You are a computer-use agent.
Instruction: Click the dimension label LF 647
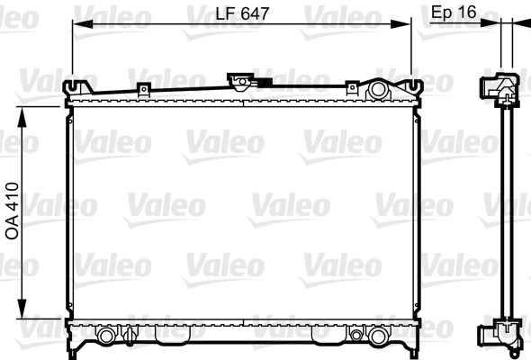pos(242,13)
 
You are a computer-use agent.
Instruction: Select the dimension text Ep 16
pos(454,13)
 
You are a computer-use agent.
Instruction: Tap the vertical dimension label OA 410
pos(13,211)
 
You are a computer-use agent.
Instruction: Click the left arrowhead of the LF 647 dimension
pos(82,24)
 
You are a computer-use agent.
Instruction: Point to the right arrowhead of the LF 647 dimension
pos(400,24)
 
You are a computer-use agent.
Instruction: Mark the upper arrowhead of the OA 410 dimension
pos(22,117)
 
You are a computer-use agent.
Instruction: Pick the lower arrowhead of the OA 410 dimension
pos(22,309)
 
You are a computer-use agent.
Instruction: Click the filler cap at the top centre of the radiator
pos(241,81)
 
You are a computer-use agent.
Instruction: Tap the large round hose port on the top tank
pos(377,89)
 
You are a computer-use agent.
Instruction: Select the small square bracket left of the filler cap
pos(144,89)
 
